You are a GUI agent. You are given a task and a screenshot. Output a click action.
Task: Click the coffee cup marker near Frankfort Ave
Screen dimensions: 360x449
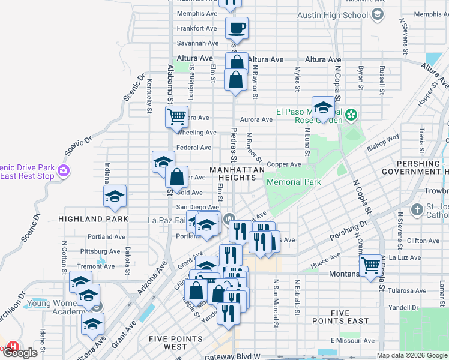(x=237, y=27)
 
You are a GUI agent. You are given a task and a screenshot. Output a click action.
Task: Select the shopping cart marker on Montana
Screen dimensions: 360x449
(x=371, y=263)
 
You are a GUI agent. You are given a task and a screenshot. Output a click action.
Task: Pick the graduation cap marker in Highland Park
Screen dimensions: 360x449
(x=115, y=196)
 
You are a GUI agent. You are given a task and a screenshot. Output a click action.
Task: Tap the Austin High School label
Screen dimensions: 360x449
(x=340, y=15)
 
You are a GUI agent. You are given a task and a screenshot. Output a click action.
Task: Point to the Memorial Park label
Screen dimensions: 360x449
(x=294, y=182)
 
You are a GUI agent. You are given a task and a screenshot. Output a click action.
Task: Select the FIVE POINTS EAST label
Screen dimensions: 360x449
(x=349, y=317)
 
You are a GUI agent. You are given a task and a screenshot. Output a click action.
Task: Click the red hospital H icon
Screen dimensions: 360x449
(x=12, y=346)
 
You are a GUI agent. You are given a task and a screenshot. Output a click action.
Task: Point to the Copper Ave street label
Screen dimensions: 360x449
(x=284, y=164)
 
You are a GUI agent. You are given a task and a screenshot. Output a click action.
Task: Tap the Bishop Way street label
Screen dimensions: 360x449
(x=383, y=142)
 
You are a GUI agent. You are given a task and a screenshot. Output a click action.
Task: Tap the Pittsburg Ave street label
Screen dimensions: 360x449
(x=105, y=251)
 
